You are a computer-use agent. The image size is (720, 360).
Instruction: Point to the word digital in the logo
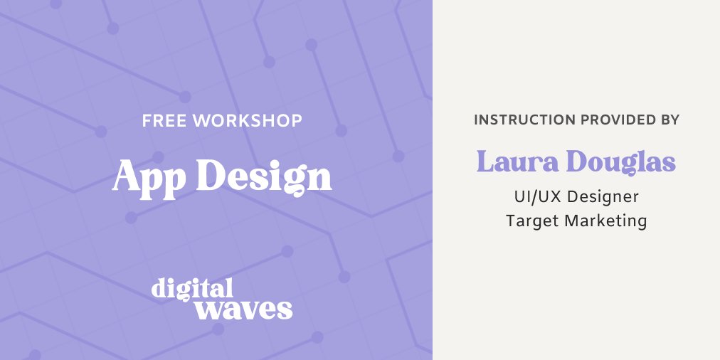(x=192, y=288)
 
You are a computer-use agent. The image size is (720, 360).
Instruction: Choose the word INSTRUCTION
(x=525, y=120)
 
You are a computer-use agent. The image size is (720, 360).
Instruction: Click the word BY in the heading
(x=670, y=120)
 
